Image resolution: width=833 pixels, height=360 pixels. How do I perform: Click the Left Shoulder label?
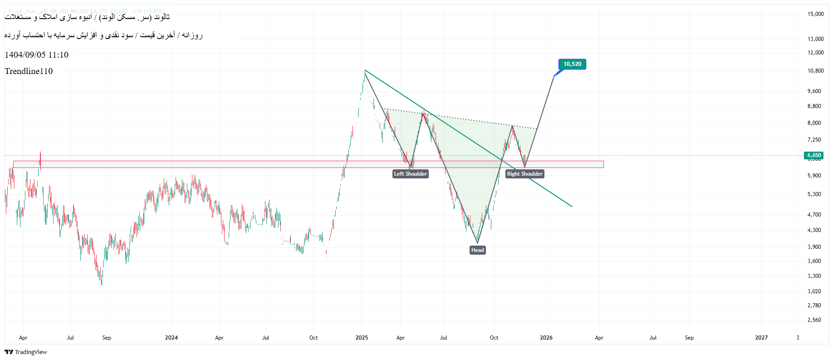point(410,174)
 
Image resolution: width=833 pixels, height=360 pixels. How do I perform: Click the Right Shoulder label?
point(524,174)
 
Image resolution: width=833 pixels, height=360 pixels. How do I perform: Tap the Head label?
point(477,250)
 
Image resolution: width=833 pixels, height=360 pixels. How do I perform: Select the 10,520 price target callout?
point(572,64)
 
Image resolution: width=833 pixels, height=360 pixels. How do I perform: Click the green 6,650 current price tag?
point(814,155)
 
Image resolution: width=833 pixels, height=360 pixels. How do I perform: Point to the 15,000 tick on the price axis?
point(815,14)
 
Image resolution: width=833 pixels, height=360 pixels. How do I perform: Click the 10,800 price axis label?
point(815,71)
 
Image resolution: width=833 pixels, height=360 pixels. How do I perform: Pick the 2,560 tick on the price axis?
point(814,320)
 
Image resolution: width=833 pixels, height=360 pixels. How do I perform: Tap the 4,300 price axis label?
point(814,230)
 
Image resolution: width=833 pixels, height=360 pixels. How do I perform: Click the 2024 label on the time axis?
point(171,338)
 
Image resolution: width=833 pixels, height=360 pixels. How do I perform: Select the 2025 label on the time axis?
point(362,338)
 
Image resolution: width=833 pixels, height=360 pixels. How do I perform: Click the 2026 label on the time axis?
point(546,338)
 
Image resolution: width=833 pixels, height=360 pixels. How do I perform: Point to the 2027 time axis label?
point(761,338)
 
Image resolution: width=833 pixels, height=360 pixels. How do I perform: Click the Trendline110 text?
point(29,71)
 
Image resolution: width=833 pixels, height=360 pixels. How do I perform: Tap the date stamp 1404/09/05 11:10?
point(36,55)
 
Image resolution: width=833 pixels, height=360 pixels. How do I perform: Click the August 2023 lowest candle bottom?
point(102,285)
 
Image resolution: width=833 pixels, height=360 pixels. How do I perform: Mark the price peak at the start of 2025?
point(365,71)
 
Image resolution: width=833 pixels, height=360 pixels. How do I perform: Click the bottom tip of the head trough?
point(477,243)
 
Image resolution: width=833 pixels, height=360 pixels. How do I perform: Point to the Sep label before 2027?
point(689,338)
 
